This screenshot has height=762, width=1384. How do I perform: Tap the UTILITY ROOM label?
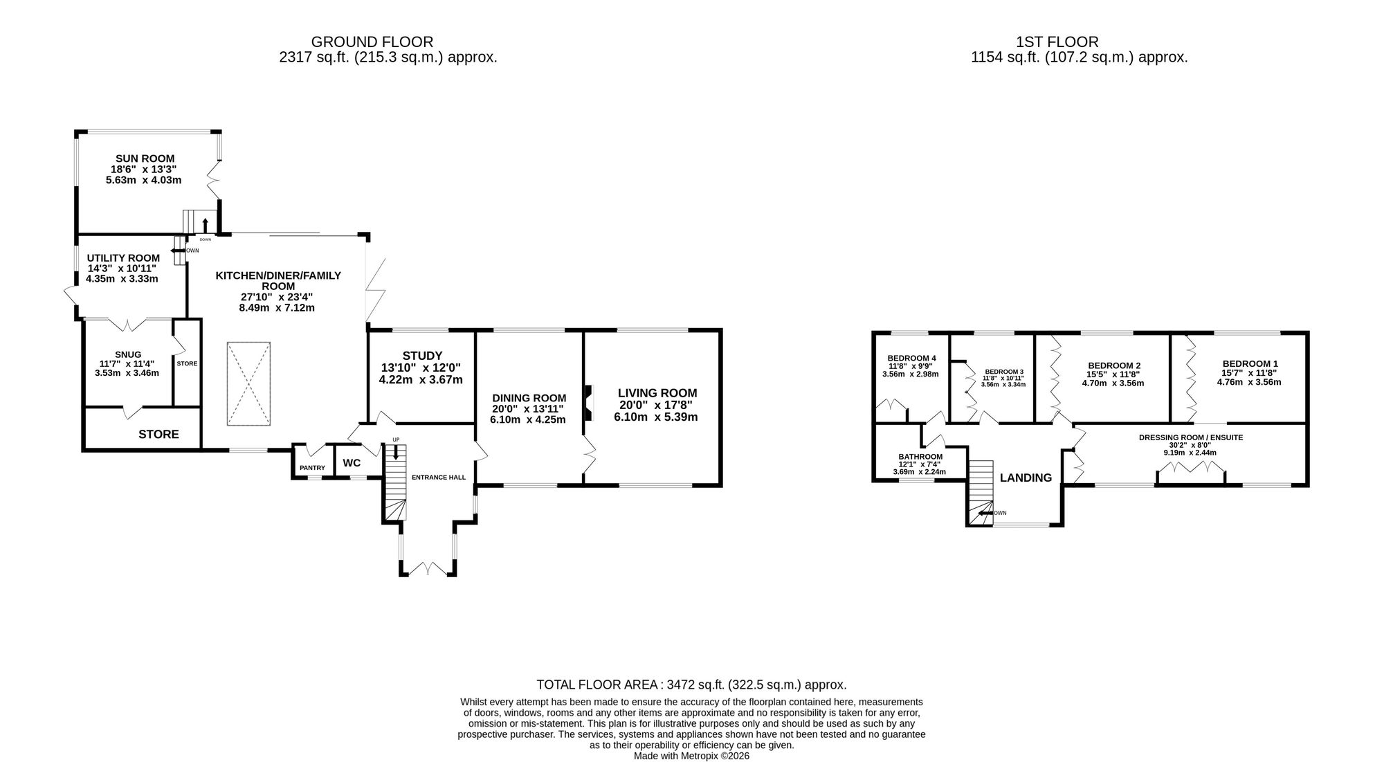point(123,258)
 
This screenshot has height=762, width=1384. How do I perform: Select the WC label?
point(352,463)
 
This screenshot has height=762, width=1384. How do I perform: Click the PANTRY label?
point(312,468)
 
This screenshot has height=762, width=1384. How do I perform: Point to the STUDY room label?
point(422,356)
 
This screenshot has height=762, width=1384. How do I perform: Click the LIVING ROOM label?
point(657,393)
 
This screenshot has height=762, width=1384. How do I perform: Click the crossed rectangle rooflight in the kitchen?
point(248,383)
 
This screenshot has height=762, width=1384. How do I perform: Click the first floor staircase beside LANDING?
point(981,492)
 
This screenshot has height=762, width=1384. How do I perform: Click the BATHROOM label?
point(920,457)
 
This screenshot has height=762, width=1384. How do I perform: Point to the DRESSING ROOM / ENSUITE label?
point(1191,437)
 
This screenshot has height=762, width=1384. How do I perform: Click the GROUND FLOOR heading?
point(372,42)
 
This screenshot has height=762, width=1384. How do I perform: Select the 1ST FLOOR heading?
point(1057,42)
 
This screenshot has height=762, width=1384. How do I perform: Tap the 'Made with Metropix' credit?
point(692,756)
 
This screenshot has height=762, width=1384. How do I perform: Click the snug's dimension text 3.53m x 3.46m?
point(127,372)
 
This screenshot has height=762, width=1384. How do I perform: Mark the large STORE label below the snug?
point(158,434)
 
